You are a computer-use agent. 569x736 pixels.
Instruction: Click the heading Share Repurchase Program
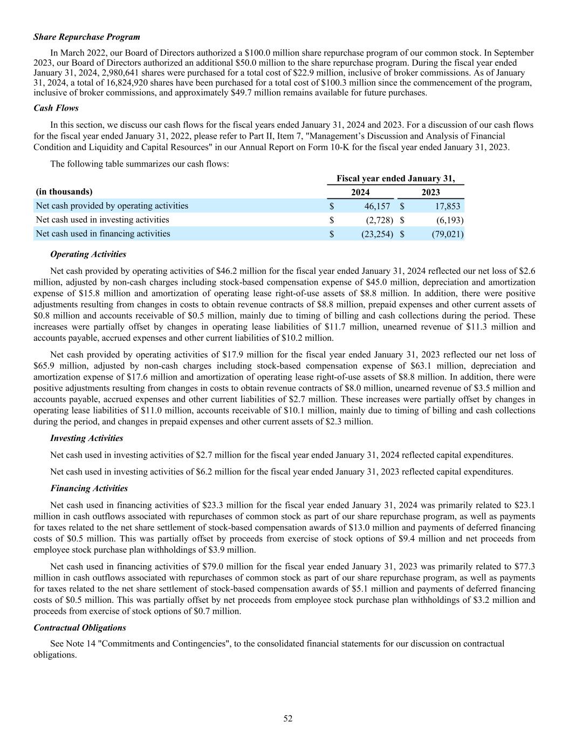pos(86,37)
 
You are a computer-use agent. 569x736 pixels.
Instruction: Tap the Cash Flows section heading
pos(56,108)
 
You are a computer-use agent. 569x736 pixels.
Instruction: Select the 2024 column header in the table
pos(360,192)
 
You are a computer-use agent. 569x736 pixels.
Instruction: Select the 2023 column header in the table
pos(430,192)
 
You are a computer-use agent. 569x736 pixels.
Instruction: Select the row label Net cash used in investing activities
pos(102,219)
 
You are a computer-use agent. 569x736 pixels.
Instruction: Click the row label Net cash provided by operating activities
pos(112,206)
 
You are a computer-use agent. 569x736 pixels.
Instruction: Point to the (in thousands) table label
pos(64,191)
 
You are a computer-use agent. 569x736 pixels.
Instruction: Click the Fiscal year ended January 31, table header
pos(395,178)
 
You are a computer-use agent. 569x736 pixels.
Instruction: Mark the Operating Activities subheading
pos(88,254)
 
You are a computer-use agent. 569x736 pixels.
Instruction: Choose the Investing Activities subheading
pos(86,438)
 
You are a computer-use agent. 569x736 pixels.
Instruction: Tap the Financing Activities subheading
pos(89,489)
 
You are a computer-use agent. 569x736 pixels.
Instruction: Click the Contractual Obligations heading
pos(80,628)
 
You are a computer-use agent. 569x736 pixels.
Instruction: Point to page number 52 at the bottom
pos(288,718)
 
